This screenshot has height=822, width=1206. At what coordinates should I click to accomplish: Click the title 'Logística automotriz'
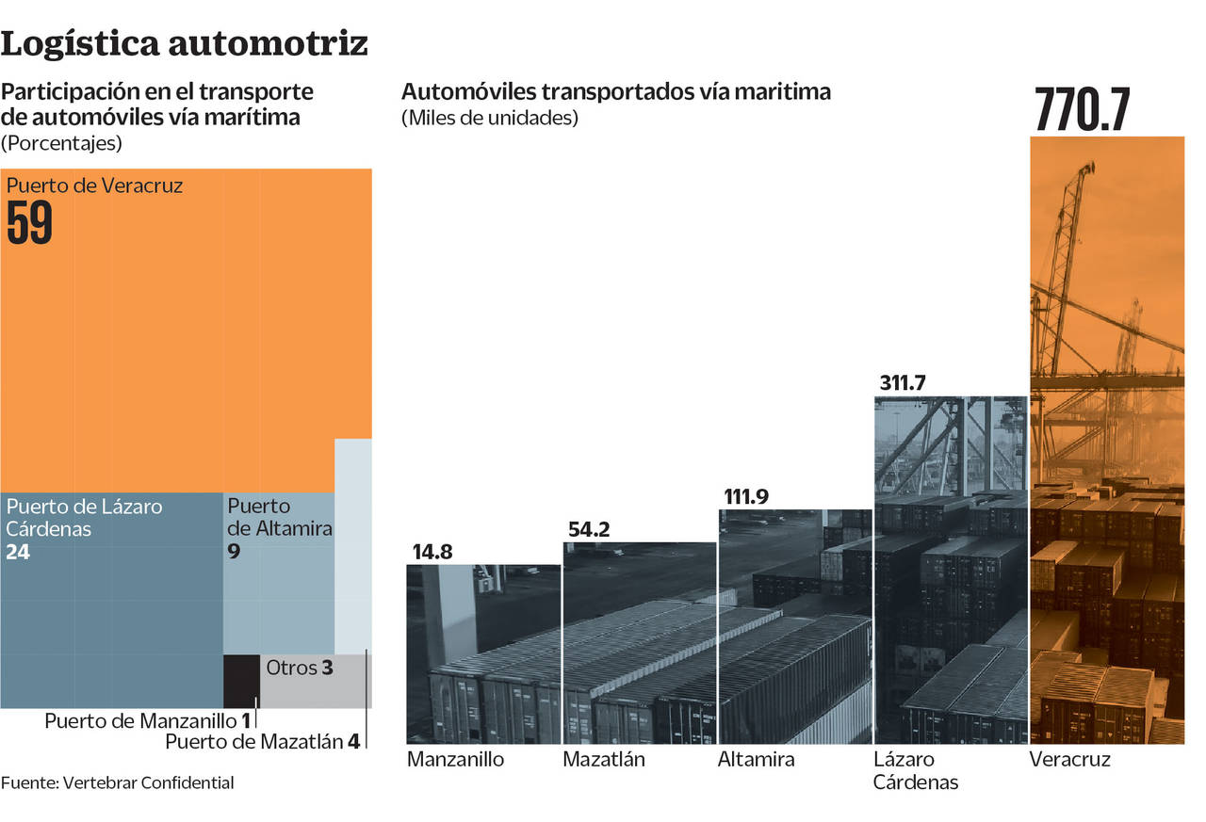185,43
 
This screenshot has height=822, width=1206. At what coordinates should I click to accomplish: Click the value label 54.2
589,529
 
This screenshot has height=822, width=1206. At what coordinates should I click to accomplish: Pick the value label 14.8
432,552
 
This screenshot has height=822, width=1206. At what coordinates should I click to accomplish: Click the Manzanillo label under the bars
455,759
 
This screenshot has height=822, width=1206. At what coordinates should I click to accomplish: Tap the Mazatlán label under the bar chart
604,759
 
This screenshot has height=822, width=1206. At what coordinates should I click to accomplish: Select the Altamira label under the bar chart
756,759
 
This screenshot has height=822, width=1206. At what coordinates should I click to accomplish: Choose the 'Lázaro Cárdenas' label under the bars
915,770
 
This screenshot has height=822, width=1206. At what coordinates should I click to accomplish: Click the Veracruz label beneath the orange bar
1069,759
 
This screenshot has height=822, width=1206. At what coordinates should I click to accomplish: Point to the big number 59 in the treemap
29,224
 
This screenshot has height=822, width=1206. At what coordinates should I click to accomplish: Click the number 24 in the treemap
18,553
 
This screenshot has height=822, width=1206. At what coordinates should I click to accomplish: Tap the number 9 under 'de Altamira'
234,553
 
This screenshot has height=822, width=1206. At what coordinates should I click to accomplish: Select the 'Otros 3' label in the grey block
300,668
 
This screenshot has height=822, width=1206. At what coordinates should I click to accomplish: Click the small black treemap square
241,680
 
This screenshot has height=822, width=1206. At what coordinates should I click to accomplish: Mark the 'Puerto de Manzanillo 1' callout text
148,722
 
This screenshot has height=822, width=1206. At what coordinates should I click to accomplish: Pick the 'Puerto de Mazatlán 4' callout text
262,742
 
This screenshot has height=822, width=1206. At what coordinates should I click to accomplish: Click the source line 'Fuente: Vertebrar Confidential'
117,782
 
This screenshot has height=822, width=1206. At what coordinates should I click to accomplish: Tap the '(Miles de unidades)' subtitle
490,119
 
